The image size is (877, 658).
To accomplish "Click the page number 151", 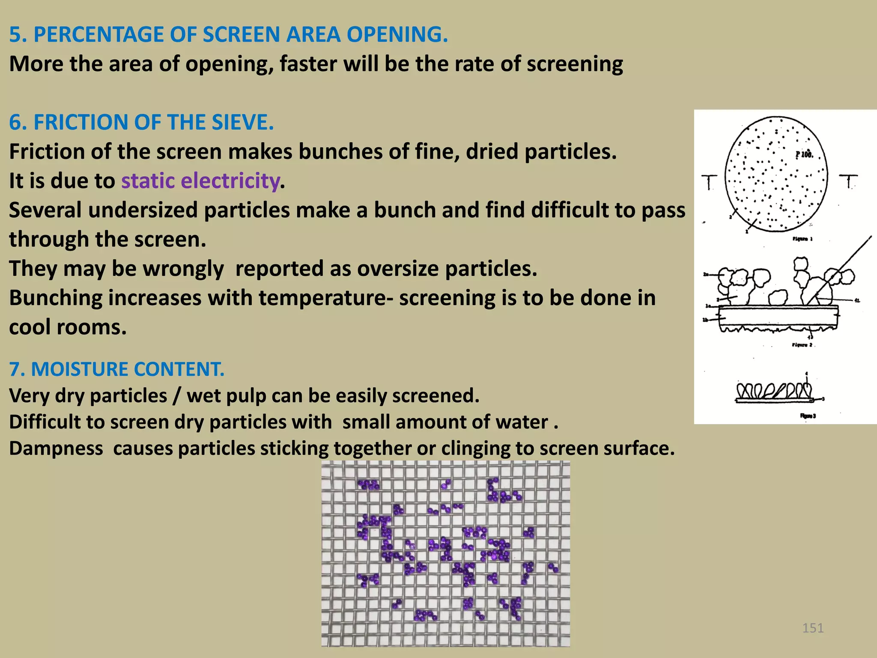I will [813, 628].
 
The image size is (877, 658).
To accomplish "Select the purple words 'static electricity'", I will [200, 181].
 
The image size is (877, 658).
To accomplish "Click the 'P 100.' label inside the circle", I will [804, 155].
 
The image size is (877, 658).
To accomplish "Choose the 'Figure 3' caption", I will [808, 416].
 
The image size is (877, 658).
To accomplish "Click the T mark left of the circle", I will [709, 182].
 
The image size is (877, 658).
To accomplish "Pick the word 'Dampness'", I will [56, 449].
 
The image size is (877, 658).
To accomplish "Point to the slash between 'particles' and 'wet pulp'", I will [176, 396].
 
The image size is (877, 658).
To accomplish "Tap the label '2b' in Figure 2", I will [706, 320].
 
